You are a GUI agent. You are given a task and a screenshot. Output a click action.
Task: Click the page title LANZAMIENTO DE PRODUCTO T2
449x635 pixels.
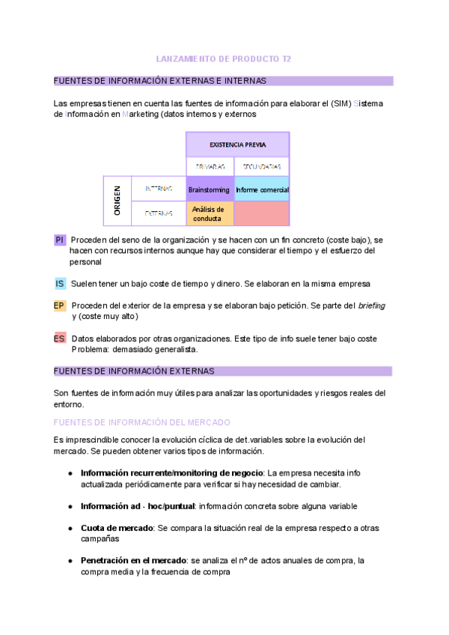click(x=224, y=58)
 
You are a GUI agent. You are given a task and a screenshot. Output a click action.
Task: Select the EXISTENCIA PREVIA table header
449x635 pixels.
click(x=237, y=144)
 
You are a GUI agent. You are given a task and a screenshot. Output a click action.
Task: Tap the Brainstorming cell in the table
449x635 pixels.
click(x=210, y=189)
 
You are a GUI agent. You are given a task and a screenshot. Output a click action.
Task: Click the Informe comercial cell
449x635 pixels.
click(x=262, y=189)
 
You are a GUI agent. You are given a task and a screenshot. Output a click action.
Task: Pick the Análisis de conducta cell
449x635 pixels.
click(x=210, y=214)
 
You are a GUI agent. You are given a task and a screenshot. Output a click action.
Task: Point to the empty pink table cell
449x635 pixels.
click(x=262, y=214)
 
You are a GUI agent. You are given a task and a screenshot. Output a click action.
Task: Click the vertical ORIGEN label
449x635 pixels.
click(x=117, y=201)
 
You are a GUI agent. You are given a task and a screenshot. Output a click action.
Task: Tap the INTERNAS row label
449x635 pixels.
click(x=159, y=189)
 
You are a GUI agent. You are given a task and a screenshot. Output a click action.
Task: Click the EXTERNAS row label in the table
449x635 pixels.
click(x=159, y=213)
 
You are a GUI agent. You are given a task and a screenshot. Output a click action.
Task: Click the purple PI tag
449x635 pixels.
click(x=60, y=240)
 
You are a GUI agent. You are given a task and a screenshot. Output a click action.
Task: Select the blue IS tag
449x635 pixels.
click(x=60, y=284)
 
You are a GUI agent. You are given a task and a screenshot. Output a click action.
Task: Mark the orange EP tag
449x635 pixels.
click(x=60, y=306)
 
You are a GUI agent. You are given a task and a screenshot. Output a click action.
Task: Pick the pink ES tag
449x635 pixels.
click(x=60, y=338)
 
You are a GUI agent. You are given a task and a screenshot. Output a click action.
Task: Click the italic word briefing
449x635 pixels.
click(x=372, y=306)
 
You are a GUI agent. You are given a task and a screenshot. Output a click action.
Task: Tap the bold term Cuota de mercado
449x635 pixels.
click(x=117, y=528)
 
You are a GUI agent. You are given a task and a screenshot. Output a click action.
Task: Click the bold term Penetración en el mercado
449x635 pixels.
click(x=134, y=560)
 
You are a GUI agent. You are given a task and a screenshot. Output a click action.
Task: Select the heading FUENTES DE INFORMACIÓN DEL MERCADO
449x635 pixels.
click(x=142, y=422)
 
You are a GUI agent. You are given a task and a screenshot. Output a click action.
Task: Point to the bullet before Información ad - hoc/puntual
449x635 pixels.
click(x=70, y=506)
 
